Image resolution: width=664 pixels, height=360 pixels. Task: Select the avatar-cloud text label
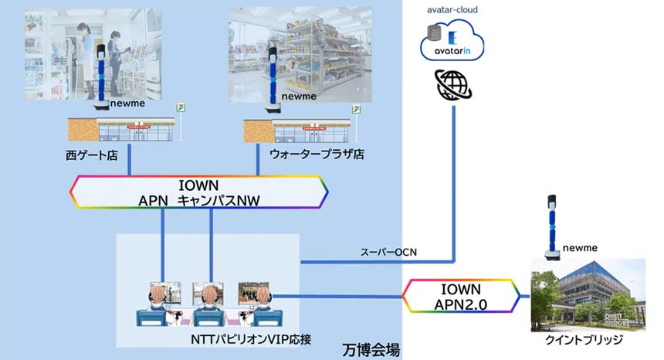453,10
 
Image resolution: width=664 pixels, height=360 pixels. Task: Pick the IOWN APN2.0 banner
462,297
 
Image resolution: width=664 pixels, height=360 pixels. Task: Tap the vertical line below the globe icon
454,178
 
